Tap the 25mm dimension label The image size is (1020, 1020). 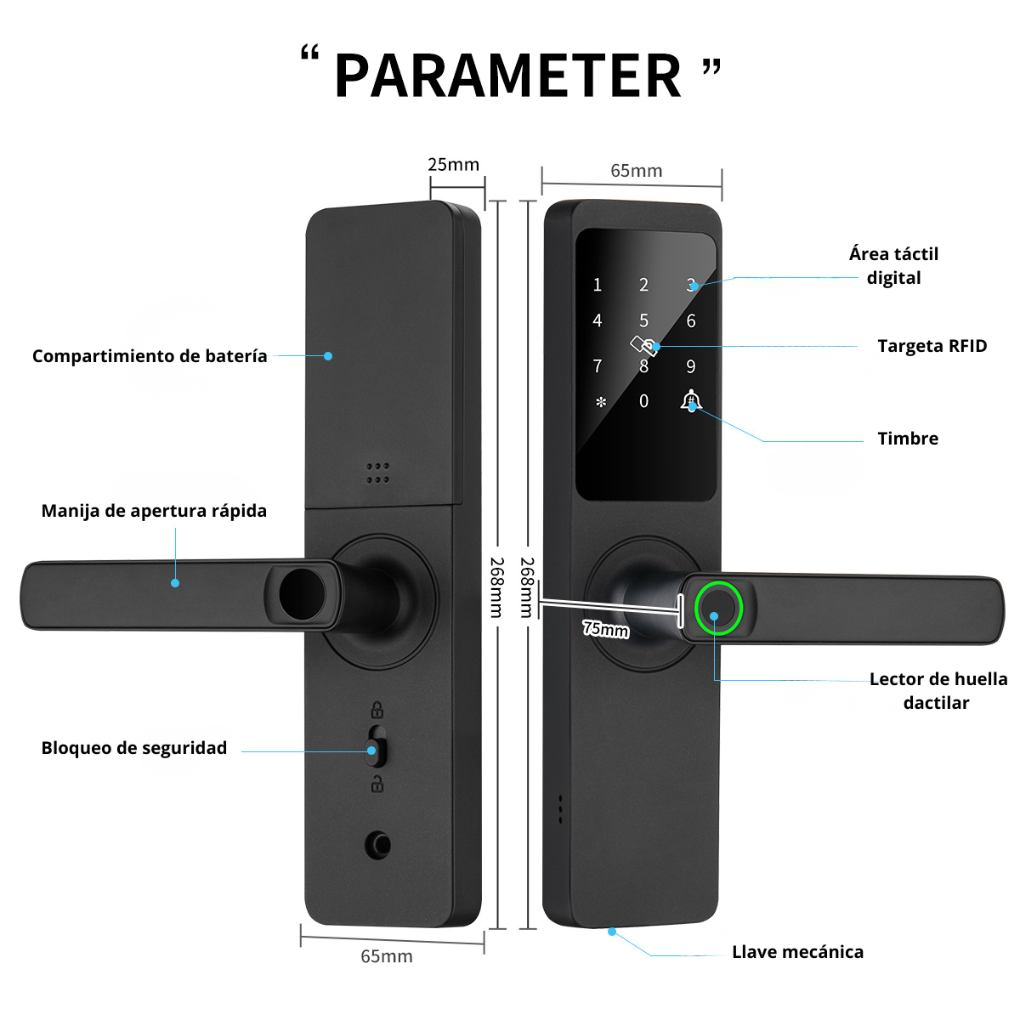point(453,165)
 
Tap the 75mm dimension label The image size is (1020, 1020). point(605,628)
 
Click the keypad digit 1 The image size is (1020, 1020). point(597,286)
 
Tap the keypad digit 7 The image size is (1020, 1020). point(597,365)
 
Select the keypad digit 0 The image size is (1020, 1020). point(643,400)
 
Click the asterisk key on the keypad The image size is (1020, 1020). point(601,402)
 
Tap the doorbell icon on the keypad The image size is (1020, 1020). point(691,400)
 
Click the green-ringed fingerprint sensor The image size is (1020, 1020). point(718,608)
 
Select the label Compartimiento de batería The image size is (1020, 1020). point(150,356)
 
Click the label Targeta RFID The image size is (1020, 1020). point(932,346)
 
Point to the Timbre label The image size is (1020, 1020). point(908,439)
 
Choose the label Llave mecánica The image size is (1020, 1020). point(797,952)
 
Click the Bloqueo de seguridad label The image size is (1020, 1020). point(134,747)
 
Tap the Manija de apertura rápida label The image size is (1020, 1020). point(154,511)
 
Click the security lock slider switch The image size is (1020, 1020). point(376,746)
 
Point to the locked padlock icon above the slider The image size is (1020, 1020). point(377,709)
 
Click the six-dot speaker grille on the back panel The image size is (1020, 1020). point(378,473)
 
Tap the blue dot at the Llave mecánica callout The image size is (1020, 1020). point(612,932)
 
